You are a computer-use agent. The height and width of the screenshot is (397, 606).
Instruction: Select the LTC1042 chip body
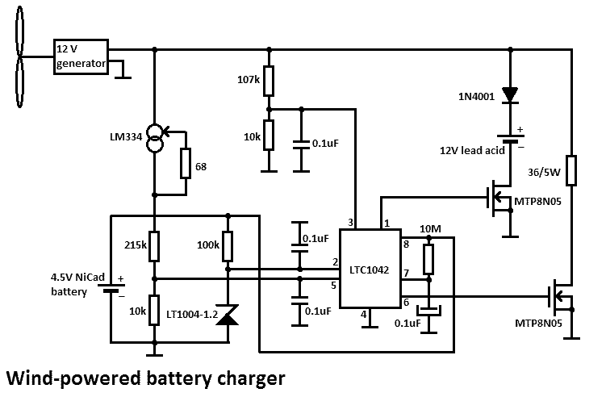[x=370, y=270]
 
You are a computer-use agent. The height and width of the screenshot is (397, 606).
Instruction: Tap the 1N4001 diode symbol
[x=509, y=94]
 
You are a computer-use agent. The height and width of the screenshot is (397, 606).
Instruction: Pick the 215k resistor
[x=154, y=245]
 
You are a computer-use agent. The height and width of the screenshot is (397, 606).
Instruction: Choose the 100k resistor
[x=228, y=245]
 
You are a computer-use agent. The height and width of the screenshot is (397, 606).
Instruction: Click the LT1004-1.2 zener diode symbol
[x=228, y=317]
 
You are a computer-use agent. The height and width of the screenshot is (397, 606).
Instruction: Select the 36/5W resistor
[x=570, y=170]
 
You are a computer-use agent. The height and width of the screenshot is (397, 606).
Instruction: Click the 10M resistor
[x=429, y=259]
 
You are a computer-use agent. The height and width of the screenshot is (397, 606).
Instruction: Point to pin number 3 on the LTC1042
[x=350, y=222]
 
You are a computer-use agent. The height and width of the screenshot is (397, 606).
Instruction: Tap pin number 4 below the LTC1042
[x=364, y=314]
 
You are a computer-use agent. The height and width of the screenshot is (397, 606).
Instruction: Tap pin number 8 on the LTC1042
[x=406, y=242]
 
